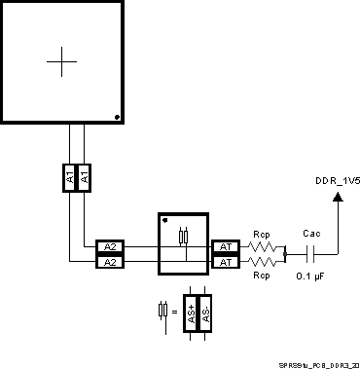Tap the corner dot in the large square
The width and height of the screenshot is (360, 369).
(x=117, y=118)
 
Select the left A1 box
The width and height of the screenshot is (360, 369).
(x=70, y=178)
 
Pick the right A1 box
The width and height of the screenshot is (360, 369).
(x=84, y=178)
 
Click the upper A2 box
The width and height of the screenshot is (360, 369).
(x=109, y=247)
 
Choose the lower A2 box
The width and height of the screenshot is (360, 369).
(x=109, y=262)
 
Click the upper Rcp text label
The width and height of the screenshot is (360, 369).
(x=261, y=235)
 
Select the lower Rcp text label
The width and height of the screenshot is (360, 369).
(x=261, y=277)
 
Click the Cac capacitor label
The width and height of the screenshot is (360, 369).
(x=311, y=235)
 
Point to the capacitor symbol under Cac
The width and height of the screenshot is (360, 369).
(x=311, y=255)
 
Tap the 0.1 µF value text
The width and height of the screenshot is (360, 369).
(x=311, y=277)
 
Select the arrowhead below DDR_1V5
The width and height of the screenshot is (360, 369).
(x=338, y=198)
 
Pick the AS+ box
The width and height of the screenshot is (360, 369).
(x=192, y=314)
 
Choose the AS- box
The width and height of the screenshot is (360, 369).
(x=205, y=314)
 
